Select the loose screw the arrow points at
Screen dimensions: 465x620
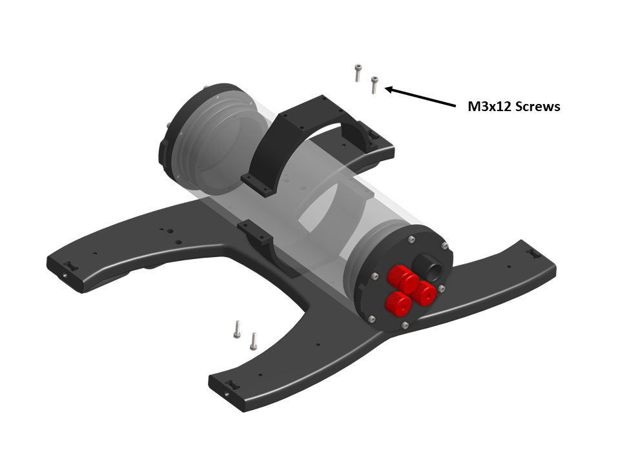(x=374, y=85)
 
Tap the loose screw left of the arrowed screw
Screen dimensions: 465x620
(x=357, y=72)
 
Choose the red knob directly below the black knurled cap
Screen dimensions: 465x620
(x=425, y=293)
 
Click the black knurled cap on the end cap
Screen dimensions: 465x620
(x=428, y=264)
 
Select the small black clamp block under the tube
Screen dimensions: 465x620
(x=256, y=236)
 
